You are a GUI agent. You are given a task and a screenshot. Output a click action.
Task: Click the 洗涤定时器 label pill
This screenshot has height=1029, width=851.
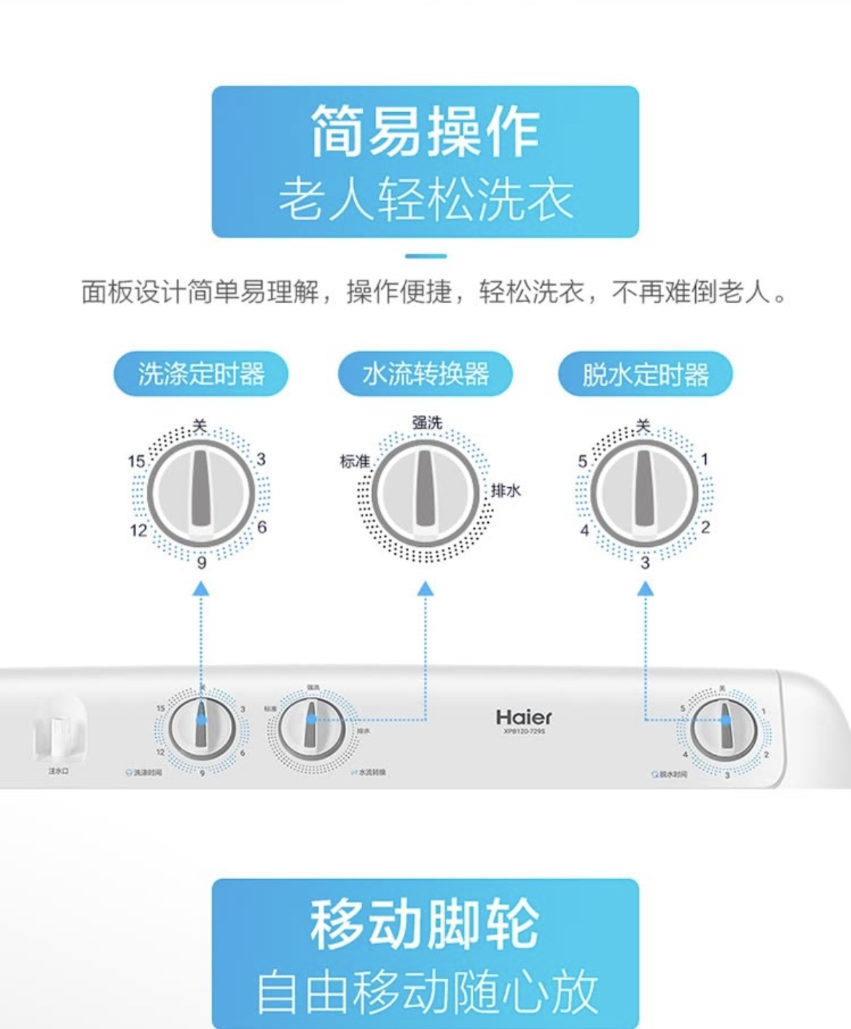[x=200, y=374]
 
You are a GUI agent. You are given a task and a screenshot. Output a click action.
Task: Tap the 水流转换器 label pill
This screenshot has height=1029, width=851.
[x=426, y=374]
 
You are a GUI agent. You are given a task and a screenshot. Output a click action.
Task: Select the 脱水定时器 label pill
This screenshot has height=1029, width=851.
[x=645, y=375]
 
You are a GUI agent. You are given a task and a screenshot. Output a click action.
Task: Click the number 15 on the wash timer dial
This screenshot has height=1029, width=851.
[x=136, y=462]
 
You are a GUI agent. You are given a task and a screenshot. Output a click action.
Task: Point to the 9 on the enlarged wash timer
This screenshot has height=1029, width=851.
[x=202, y=562]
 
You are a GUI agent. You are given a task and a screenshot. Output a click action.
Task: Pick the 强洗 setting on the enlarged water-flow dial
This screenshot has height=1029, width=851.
[x=427, y=423]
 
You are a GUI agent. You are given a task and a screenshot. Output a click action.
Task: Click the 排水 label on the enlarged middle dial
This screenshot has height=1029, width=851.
[x=506, y=490]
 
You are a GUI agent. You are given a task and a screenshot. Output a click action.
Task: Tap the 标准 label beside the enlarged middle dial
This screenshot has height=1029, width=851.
[x=355, y=462]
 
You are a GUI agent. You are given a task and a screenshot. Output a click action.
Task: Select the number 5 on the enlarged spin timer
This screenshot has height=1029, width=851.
[x=583, y=462]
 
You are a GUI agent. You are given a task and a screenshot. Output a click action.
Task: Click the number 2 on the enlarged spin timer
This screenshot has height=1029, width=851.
[x=705, y=527]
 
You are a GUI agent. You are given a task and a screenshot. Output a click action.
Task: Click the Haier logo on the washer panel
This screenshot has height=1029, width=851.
[x=524, y=717]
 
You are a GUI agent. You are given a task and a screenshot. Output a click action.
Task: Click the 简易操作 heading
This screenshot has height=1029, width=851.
[x=426, y=132]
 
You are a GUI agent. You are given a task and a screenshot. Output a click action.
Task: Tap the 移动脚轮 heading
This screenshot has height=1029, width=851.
[x=426, y=923]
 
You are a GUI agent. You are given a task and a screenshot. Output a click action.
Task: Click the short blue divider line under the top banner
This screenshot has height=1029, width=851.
[x=426, y=256]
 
